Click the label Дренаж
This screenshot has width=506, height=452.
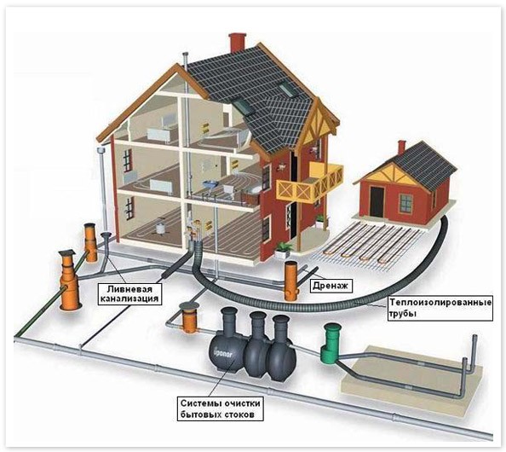tap(331, 286)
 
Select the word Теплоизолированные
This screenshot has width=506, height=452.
tap(440, 303)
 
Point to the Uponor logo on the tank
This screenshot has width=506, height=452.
tap(222, 353)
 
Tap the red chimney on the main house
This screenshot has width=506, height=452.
tap(237, 43)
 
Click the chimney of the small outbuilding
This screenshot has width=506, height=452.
tap(401, 148)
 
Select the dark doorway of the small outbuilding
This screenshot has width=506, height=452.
tap(377, 202)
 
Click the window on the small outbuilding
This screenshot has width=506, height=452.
tap(406, 203)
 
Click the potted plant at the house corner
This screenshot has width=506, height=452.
tap(283, 249)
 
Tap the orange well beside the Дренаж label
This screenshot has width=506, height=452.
tap(291, 281)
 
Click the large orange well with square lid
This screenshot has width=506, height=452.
tap(69, 279)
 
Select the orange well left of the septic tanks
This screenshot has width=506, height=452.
tap(188, 317)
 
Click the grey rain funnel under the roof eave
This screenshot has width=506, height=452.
tap(102, 151)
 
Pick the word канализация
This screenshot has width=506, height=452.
tap(129, 298)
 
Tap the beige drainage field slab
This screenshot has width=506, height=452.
tap(411, 374)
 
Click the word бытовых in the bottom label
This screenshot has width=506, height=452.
tap(198, 414)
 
